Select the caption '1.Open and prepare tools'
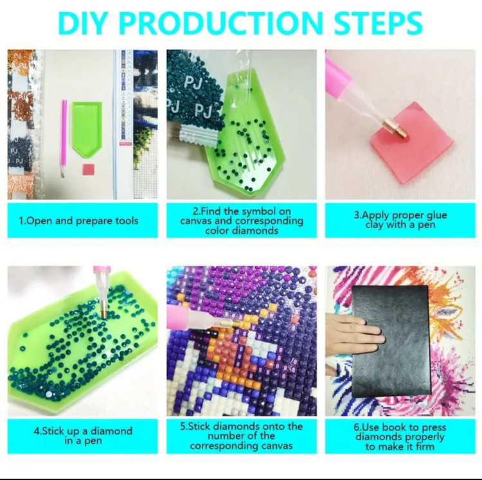78,220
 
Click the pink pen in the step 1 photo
64,139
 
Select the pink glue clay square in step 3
412,143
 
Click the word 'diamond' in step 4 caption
111,431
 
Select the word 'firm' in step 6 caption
424,447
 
